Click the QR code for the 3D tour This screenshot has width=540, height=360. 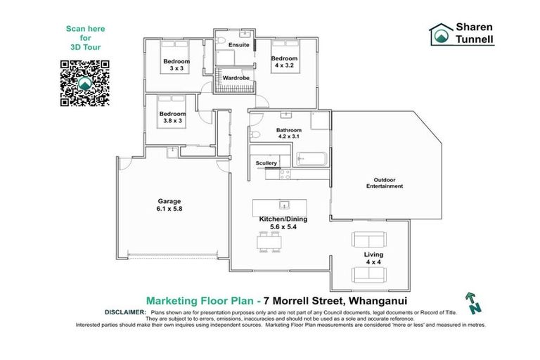(85, 83)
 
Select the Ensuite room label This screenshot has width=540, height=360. (240, 45)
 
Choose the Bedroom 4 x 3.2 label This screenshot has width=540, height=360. (284, 61)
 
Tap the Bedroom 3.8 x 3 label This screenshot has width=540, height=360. (172, 117)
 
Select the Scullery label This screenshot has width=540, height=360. (266, 163)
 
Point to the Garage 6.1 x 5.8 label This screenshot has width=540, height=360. (169, 203)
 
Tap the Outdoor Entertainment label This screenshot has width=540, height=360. (384, 182)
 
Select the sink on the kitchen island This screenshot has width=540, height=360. (284, 205)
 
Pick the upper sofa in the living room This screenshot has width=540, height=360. (372, 239)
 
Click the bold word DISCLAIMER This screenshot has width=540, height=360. (125, 311)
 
